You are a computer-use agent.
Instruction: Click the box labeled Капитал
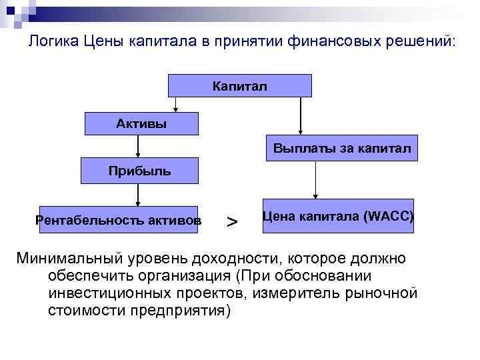[x=239, y=86]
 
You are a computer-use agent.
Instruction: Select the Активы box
[x=141, y=124]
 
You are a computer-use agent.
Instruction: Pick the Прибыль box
[x=139, y=171]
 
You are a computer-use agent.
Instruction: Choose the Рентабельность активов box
[x=119, y=219]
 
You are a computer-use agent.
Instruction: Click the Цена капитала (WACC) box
[x=338, y=216]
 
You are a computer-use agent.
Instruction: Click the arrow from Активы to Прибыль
[x=137, y=146]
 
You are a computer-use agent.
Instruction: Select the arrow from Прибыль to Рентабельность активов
[x=137, y=195]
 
